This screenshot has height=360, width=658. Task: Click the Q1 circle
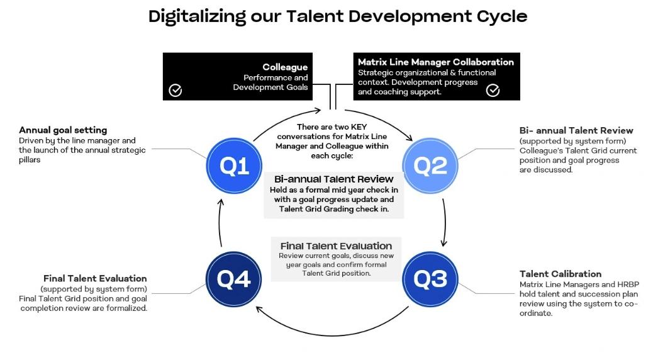coord(234,166)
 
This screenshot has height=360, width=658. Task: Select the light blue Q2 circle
coord(430,166)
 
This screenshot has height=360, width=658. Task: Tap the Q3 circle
coord(430,279)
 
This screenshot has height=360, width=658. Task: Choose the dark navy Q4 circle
coord(234,279)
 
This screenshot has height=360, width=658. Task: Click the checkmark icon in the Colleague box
coord(176,91)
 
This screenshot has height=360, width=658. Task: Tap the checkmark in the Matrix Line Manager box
coord(493,91)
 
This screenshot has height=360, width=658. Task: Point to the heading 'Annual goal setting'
coord(63,130)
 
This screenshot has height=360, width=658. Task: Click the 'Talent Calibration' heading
coord(560,274)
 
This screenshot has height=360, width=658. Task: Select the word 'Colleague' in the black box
coord(285,67)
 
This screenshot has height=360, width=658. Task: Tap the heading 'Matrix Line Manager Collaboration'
coord(435,62)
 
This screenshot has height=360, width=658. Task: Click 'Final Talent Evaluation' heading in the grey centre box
coord(336,245)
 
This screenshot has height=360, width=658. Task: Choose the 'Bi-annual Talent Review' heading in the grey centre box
coord(333,179)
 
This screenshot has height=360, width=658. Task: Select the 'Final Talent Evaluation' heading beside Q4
coord(95,278)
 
